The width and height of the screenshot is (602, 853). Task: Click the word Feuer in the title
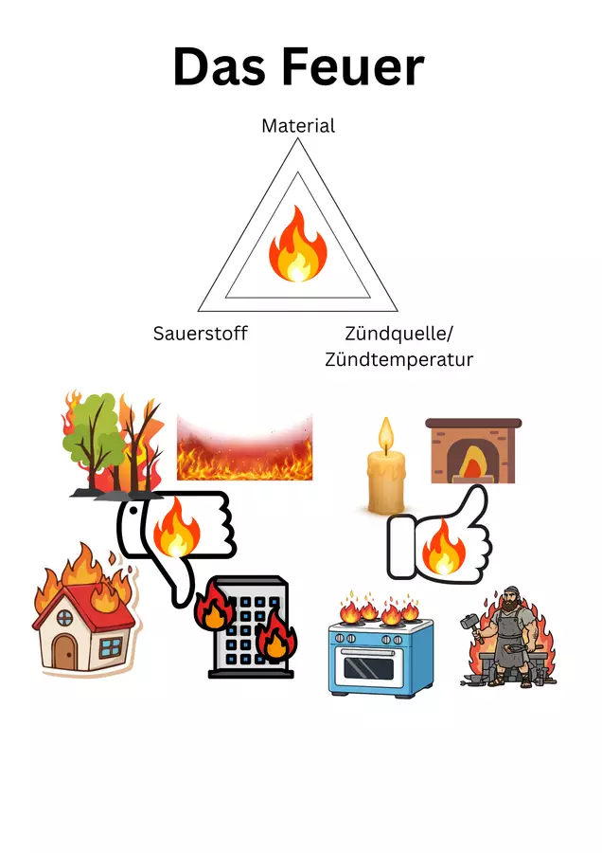click(353, 66)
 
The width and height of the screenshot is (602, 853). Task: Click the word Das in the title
click(220, 66)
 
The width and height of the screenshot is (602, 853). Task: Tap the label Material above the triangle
click(298, 126)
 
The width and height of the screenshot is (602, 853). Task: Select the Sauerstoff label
click(200, 333)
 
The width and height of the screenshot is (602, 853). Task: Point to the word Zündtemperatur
click(398, 359)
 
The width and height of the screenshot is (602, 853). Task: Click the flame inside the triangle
click(298, 244)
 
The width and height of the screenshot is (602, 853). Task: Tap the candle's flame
click(386, 435)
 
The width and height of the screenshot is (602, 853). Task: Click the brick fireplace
click(473, 450)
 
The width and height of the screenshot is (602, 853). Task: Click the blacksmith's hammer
click(470, 625)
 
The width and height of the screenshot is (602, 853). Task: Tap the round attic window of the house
click(64, 617)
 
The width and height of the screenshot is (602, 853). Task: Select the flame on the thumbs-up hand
click(444, 547)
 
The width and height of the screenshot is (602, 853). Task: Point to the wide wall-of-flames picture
click(244, 447)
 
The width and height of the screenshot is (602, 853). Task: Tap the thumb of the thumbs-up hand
click(474, 503)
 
